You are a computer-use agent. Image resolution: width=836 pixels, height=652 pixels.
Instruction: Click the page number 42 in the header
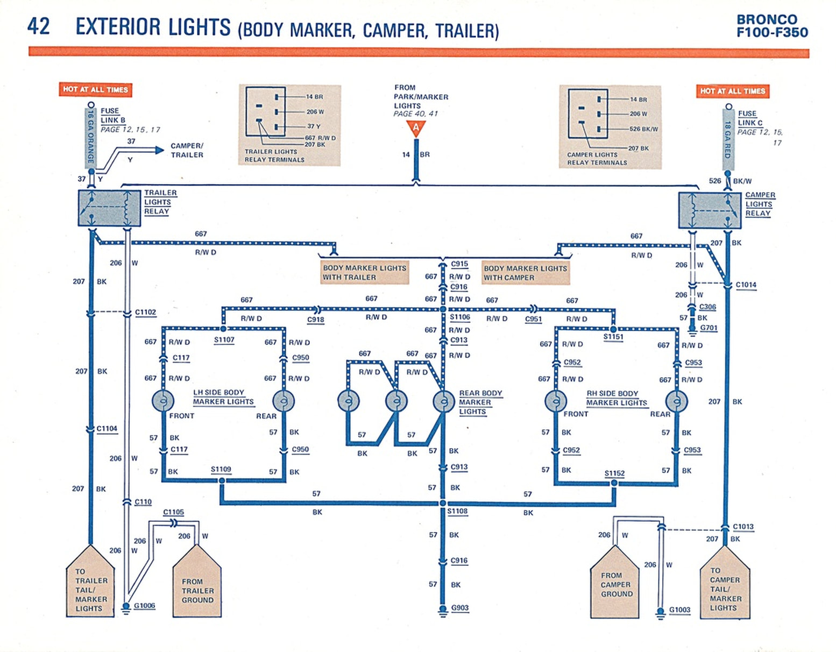pos(39,26)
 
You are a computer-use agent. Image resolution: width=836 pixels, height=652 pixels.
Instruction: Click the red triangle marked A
pos(415,128)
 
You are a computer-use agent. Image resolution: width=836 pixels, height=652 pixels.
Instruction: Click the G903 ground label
pos(459,608)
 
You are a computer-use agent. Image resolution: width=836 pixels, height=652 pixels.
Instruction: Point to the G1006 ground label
pos(144,606)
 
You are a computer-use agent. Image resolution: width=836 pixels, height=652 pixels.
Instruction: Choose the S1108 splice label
pos(457,511)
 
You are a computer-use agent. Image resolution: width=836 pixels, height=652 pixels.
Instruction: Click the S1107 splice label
pos(224,339)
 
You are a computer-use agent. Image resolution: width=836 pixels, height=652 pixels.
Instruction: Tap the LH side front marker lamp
pos(162,401)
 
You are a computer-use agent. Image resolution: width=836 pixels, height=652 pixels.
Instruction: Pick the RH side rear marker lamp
pos(676,401)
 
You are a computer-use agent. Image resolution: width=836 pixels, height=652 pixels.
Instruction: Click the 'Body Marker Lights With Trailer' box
pos(364,272)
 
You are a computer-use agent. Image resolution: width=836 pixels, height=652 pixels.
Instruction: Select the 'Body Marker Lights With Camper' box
pos(525,273)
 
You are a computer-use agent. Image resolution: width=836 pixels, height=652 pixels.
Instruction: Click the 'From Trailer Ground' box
pos(197,586)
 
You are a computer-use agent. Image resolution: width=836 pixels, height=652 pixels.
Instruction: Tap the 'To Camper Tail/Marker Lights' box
pos(725,587)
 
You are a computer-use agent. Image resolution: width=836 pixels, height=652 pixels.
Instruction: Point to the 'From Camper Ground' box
pos(615,585)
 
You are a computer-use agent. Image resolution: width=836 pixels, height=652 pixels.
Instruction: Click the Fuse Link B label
pos(112,115)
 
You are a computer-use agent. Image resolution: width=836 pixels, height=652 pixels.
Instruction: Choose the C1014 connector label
pos(746,285)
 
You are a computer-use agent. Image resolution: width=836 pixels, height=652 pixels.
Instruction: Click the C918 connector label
pos(316,320)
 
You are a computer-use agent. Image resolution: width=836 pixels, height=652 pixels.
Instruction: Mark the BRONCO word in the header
pos(767,19)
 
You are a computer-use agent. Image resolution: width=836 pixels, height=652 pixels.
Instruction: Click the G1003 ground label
pos(679,610)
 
